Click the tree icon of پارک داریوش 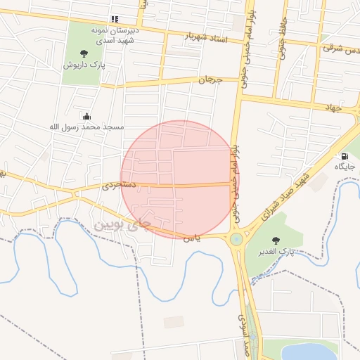(x=84, y=53)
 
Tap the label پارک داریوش (x=80, y=65)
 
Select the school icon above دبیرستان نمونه (x=115, y=20)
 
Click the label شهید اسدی (x=115, y=41)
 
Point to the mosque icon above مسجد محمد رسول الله (x=86, y=116)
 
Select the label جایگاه (x=345, y=167)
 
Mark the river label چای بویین (x=122, y=225)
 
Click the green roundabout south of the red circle (x=236, y=239)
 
